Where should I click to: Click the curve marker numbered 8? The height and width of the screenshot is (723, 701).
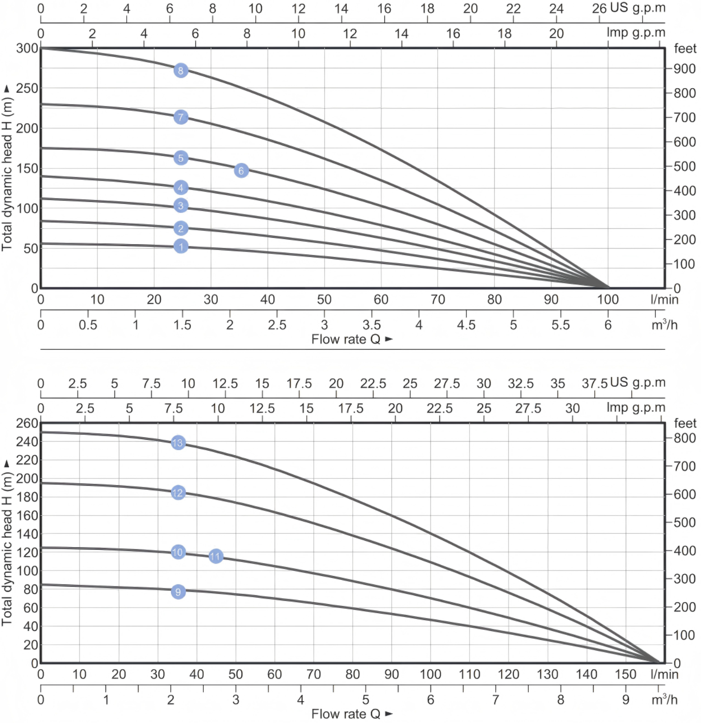[x=181, y=70]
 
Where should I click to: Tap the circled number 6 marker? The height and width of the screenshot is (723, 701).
[x=241, y=170]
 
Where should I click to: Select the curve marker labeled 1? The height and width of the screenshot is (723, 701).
[x=181, y=246]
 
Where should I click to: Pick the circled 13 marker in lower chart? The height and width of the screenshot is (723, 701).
[x=178, y=442]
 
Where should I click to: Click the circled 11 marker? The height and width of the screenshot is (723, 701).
[x=215, y=556]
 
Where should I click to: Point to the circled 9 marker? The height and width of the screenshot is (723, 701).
[x=178, y=591]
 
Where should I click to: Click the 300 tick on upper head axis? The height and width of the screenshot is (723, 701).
[x=27, y=49]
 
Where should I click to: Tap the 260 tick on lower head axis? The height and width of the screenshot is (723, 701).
[x=27, y=423]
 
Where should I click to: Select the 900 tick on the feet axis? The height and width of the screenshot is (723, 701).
[x=685, y=69]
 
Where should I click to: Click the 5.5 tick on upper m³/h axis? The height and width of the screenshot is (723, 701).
[x=561, y=325]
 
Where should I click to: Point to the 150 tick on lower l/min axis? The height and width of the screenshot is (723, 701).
[x=625, y=674]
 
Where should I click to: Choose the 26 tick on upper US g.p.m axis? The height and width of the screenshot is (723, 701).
[x=599, y=8]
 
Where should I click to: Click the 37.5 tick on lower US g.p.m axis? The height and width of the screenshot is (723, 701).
[x=595, y=384]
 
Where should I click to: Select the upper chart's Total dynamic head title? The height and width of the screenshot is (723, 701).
[x=7, y=168]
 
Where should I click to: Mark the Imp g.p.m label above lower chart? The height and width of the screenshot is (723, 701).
[x=636, y=408]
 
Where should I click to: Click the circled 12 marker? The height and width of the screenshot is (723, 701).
[x=178, y=492]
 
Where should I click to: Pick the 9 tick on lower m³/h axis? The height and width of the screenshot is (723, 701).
[x=626, y=700]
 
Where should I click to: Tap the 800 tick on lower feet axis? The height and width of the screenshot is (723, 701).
[x=685, y=438]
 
